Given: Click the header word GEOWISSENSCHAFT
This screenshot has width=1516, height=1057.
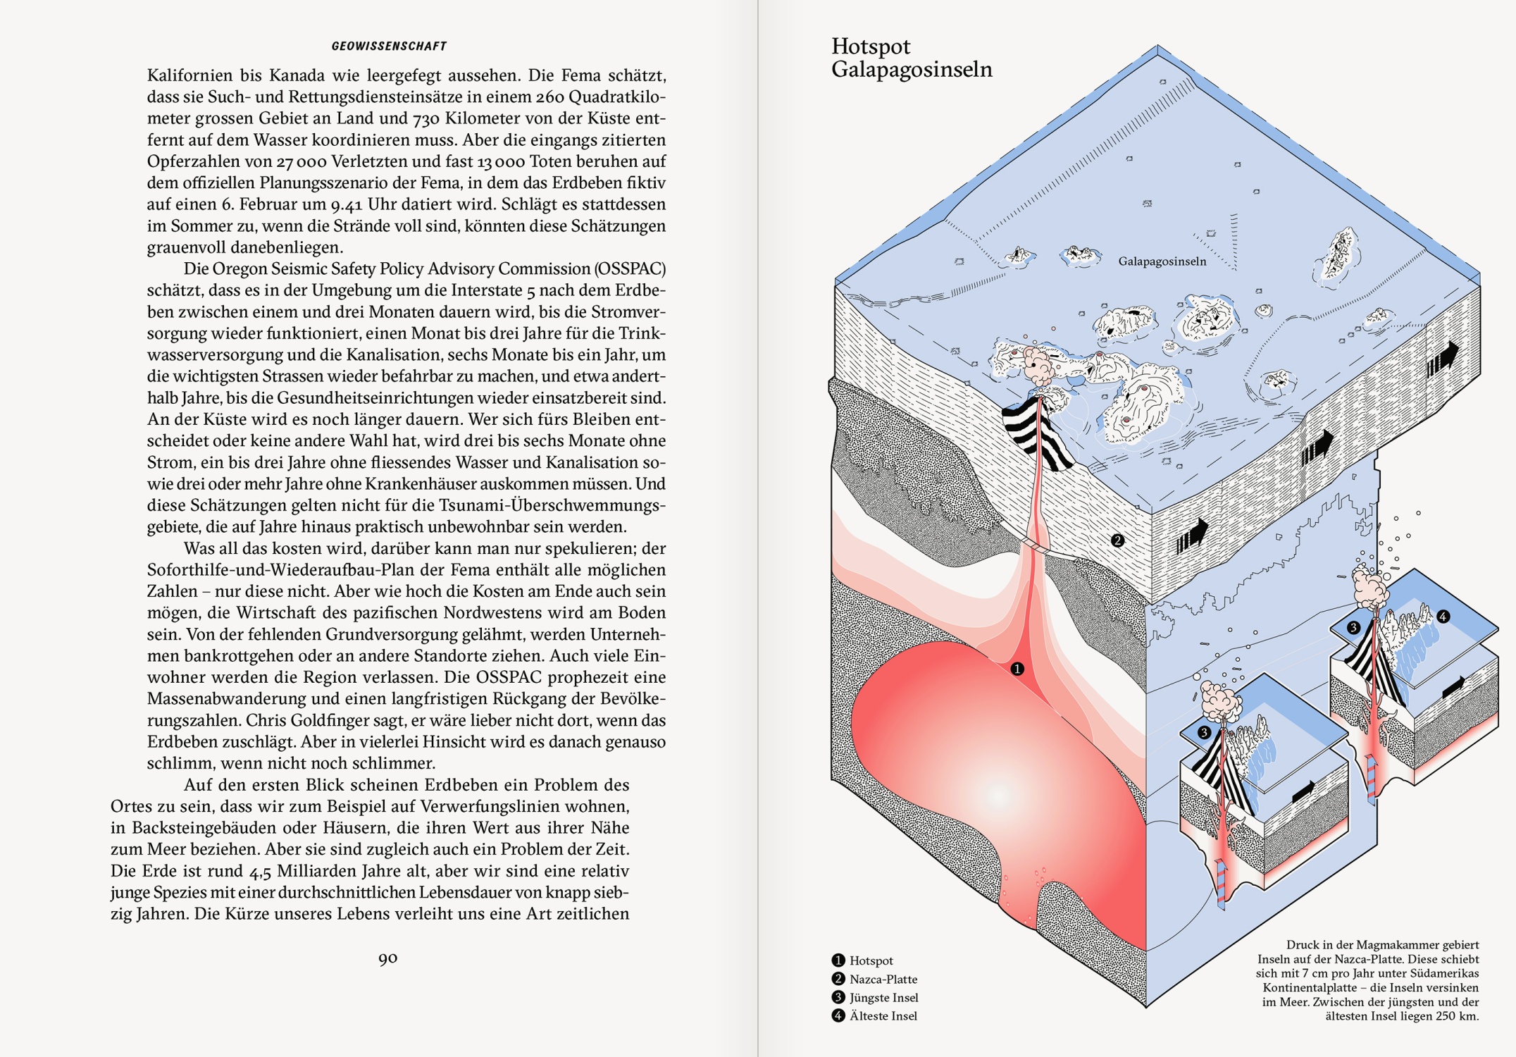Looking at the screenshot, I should [x=389, y=47].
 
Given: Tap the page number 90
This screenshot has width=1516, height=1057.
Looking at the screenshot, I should [x=388, y=958].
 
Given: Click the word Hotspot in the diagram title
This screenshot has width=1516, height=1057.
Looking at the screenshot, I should [x=871, y=47].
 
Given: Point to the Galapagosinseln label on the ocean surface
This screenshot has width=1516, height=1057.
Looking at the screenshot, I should [x=1162, y=261].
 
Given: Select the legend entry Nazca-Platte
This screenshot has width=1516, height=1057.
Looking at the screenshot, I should [x=883, y=979].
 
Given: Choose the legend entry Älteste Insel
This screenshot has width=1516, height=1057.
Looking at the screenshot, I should [x=883, y=1015].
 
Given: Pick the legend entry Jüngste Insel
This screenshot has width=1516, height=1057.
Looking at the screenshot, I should [x=883, y=997].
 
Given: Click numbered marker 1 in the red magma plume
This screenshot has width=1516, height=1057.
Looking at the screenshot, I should [x=1017, y=668].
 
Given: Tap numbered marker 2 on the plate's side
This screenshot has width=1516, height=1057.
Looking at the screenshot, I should [x=1117, y=540].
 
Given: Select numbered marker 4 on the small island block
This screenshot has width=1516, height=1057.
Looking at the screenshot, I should [x=1443, y=617].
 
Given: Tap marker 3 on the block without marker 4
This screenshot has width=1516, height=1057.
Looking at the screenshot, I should [x=1204, y=732].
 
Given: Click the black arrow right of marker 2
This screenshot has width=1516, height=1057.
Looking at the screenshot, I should [x=1192, y=536].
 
